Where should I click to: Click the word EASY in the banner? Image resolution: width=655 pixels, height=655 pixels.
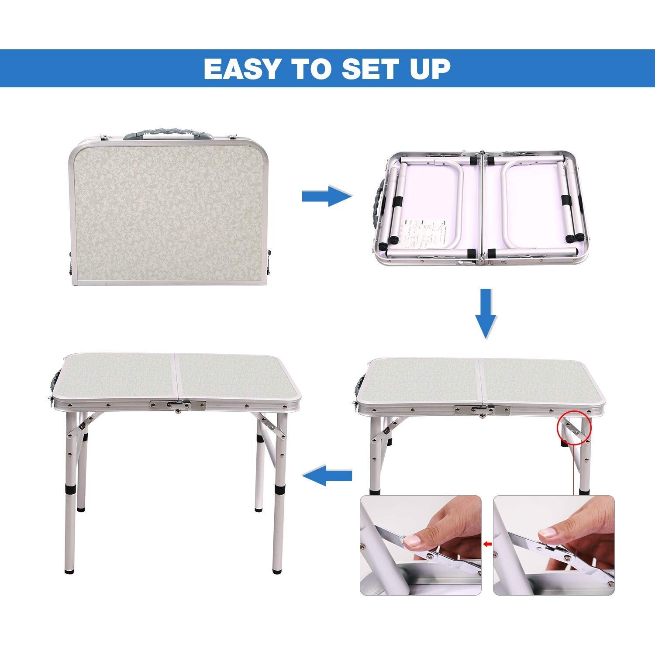coord(241,69)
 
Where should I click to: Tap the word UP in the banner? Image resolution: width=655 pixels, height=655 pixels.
coord(428,69)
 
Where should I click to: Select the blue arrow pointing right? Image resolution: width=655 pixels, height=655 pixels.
coord(326,196)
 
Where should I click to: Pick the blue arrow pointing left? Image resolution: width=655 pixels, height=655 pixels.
coord(327,475)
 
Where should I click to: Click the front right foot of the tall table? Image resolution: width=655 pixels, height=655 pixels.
coord(276,570)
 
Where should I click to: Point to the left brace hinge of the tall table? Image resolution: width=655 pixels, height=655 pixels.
coord(82,426)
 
